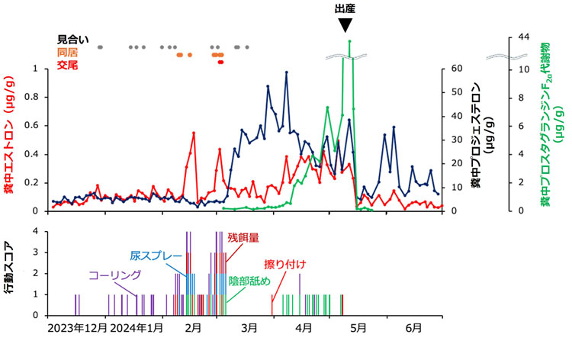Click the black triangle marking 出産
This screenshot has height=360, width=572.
(x=345, y=25)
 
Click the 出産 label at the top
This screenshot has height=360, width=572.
(x=345, y=8)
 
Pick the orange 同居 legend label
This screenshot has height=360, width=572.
(x=67, y=53)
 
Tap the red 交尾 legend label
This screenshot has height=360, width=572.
(x=67, y=66)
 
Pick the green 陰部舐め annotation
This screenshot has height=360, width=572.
(x=250, y=281)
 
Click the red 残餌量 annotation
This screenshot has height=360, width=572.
(x=243, y=237)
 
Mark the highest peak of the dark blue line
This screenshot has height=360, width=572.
(x=287, y=72)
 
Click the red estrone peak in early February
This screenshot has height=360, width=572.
(x=194, y=133)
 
